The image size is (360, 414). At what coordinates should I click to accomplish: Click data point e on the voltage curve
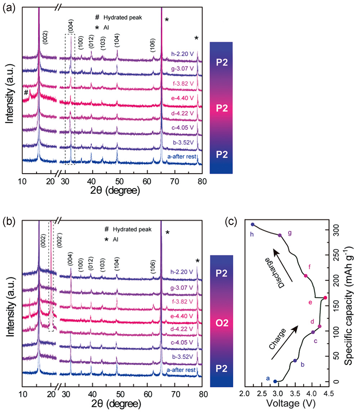[325, 298]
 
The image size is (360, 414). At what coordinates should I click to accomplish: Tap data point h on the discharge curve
[253, 224]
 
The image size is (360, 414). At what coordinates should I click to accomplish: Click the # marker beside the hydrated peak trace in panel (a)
[26, 93]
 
